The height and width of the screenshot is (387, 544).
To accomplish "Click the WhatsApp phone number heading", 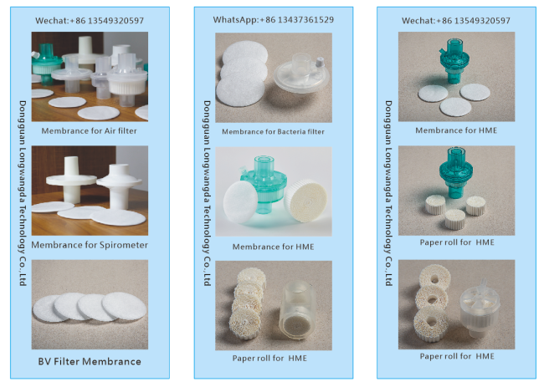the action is (x=274, y=20).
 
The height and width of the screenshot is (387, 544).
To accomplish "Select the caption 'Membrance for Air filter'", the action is (x=90, y=130).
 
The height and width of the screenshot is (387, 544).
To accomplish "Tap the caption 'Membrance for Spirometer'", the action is (x=90, y=245).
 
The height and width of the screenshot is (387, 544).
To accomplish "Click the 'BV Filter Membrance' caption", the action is (x=90, y=361).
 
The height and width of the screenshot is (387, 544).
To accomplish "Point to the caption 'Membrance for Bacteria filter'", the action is (x=273, y=132).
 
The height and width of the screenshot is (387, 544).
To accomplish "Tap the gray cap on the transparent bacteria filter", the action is (x=320, y=62).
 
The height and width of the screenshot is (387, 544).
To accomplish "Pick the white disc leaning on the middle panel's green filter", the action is (x=239, y=201).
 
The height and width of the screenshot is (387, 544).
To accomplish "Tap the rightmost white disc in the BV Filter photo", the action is (x=124, y=306).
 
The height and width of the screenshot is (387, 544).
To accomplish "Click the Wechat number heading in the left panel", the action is (x=90, y=20).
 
